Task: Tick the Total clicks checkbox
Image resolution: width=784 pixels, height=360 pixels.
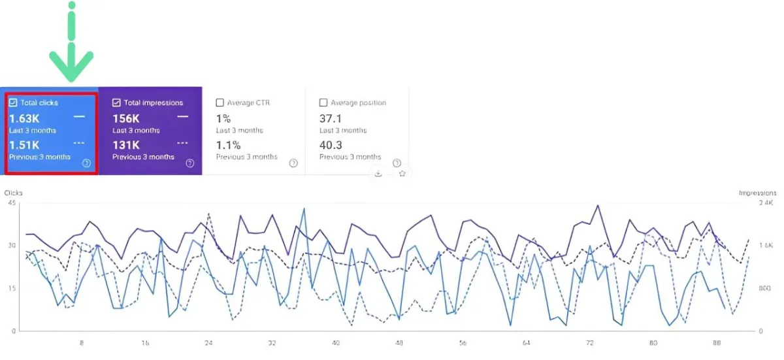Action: (13, 103)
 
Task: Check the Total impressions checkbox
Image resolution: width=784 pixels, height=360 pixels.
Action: (116, 103)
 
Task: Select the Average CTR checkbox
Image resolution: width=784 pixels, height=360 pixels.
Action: (220, 103)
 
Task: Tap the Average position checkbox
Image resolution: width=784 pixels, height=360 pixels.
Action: (323, 103)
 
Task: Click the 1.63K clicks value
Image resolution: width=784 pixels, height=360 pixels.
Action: (24, 119)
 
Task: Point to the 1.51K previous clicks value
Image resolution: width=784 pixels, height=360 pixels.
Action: (24, 145)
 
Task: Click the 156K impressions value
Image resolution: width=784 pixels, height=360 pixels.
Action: (126, 119)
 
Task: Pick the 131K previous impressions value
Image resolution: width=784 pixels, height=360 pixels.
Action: (125, 145)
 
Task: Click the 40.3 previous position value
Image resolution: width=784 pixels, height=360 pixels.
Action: (331, 145)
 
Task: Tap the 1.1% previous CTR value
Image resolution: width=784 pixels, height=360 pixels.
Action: (228, 145)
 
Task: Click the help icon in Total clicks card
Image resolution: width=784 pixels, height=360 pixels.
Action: (86, 163)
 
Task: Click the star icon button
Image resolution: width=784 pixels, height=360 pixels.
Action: (402, 174)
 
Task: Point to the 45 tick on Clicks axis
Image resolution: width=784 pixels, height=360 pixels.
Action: (11, 203)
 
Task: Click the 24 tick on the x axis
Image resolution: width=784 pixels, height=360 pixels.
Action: (208, 342)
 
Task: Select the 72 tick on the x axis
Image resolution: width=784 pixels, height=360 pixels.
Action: (589, 342)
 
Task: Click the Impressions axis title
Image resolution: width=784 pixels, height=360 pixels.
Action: (757, 193)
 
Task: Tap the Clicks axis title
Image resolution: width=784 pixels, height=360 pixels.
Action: (14, 193)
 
